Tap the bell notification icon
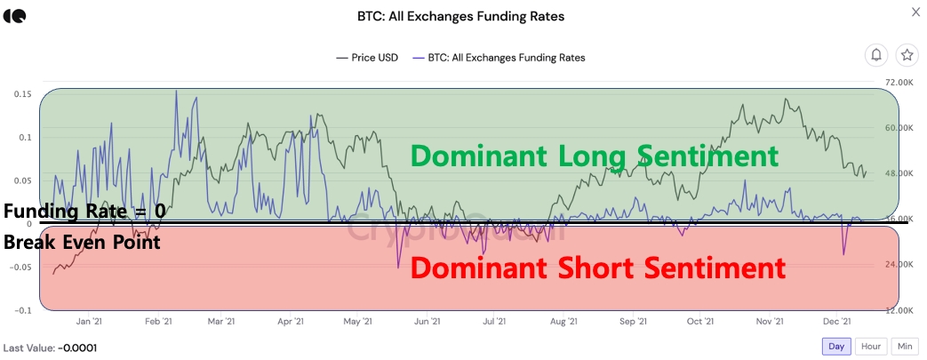pos(876,55)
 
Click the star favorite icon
pos(907,55)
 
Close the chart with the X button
pos(916,12)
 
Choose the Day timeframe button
pos(836,346)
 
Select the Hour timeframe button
pos(871,346)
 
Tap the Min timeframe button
pos(904,346)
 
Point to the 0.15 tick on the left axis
pos(23,93)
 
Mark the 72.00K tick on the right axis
pos(899,81)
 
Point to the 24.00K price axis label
pos(899,265)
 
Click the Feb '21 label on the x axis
pos(158,322)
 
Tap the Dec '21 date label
pos(836,322)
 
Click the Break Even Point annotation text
pos(82,242)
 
